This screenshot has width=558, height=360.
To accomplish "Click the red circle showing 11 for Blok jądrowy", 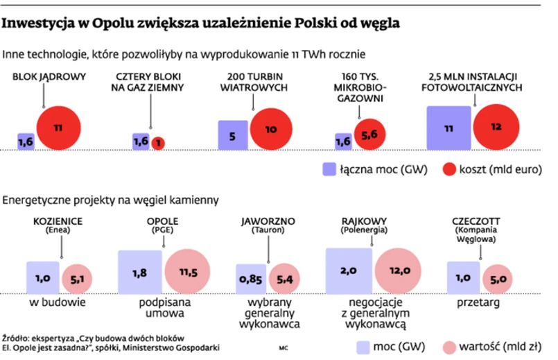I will (x=59, y=128).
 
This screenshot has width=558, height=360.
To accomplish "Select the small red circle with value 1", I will (x=158, y=143).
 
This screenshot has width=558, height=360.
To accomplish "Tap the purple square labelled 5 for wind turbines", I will (x=233, y=135).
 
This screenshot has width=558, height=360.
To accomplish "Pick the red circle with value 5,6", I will (x=369, y=136).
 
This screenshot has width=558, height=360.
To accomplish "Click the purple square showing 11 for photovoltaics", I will (x=448, y=128).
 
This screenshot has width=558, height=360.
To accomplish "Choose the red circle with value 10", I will (x=271, y=128).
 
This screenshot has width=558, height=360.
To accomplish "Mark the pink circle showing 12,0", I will (x=399, y=271).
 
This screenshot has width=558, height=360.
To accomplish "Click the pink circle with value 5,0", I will (x=498, y=279).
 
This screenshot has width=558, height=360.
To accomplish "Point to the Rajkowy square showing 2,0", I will (x=349, y=271).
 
